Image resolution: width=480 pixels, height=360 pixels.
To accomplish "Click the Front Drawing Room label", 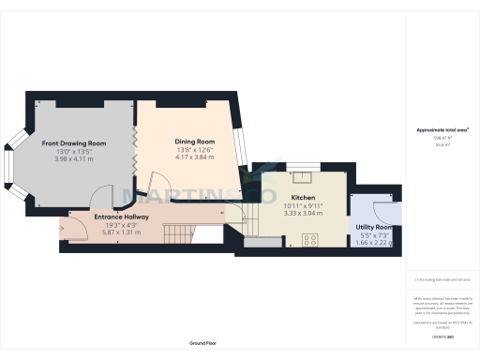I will pyautogui.click(x=73, y=143).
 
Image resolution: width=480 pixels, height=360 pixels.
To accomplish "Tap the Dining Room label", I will pyautogui.click(x=195, y=140).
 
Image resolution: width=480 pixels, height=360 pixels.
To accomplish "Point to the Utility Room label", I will pyautogui.click(x=374, y=227).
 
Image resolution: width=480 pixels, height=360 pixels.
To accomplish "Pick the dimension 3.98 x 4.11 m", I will pyautogui.click(x=73, y=158).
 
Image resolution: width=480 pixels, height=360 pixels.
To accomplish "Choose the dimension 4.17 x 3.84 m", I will pyautogui.click(x=195, y=157).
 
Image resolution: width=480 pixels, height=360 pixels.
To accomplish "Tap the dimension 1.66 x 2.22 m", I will pyautogui.click(x=374, y=242).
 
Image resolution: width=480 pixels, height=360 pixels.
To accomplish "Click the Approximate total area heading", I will pyautogui.click(x=442, y=129).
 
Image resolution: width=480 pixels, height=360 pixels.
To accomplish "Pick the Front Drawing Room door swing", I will pyautogui.click(x=101, y=199).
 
